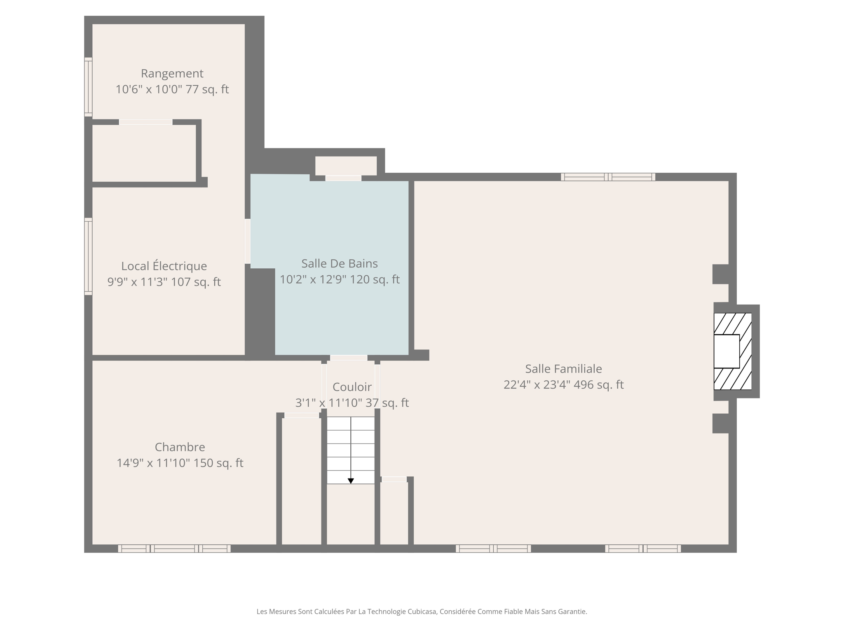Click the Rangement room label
tap(172, 73)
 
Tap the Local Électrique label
tap(164, 266)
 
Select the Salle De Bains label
tap(339, 263)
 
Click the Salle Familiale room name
tap(563, 368)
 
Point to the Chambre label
tap(180, 447)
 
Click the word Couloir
tap(352, 387)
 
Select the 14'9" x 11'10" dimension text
tap(153, 463)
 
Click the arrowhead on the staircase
tap(351, 481)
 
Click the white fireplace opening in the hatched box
tap(726, 351)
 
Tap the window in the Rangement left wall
tap(88, 87)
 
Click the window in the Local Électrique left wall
tap(88, 256)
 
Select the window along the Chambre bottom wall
tap(174, 549)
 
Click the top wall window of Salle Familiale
tap(608, 177)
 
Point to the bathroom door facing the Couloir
tap(348, 358)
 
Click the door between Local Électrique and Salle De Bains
tap(248, 241)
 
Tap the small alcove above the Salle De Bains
tap(346, 166)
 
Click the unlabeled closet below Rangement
tap(144, 153)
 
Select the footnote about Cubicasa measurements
tap(422, 612)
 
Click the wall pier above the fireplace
tap(721, 274)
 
